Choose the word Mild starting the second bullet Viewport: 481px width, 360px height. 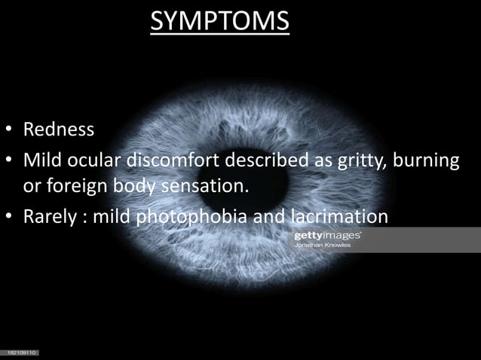coord(44,161)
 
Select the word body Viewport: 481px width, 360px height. coord(131,185)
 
